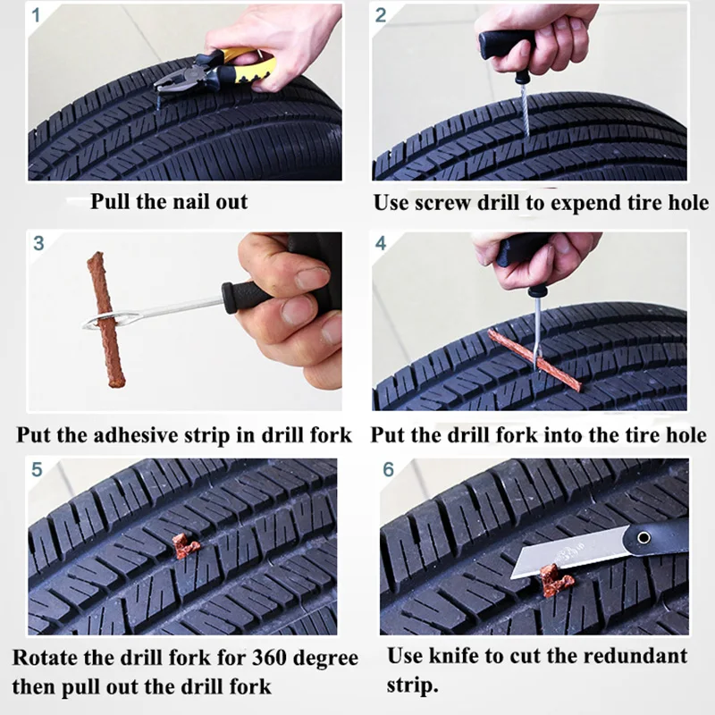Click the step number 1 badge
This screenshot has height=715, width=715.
coord(38,14)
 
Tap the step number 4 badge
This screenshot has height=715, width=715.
coord(382,243)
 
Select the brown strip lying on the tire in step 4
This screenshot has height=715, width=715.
coord(534,360)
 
